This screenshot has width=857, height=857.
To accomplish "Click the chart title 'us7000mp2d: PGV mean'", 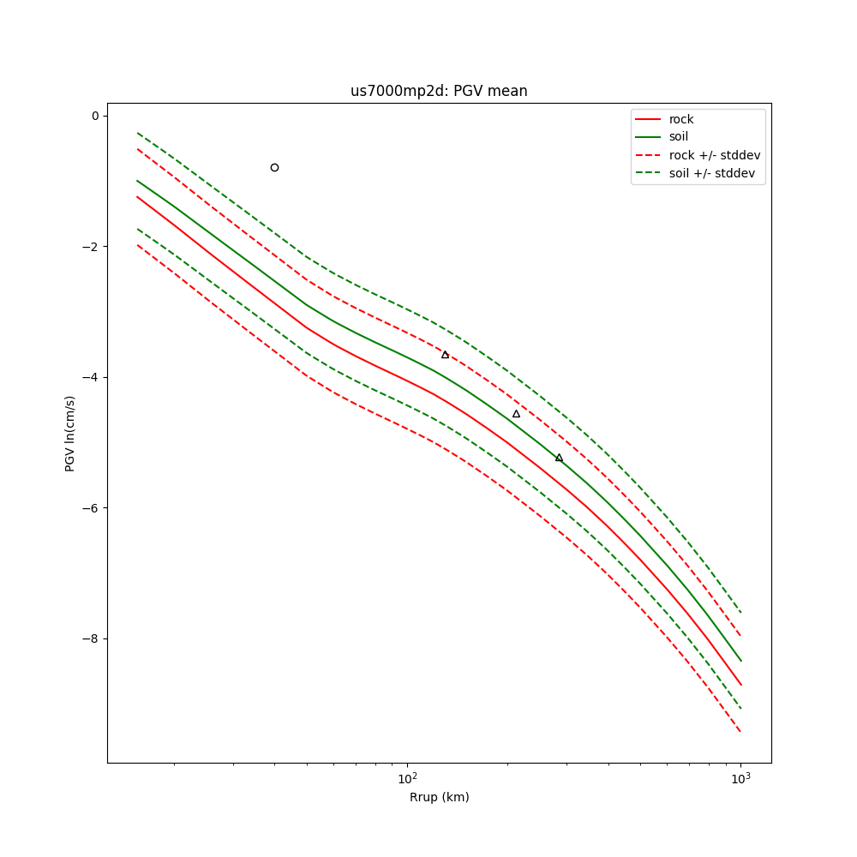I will pos(439,92).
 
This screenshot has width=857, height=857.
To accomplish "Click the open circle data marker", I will pos(274,167).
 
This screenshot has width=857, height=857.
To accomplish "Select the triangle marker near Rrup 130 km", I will pos(445,355).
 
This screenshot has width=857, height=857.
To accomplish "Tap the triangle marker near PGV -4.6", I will pos(516,414).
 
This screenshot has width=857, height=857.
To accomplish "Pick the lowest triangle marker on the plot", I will pos(559,458).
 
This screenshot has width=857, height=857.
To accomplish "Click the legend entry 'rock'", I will pos(681,119).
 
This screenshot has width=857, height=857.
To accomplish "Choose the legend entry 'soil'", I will pos(679,137).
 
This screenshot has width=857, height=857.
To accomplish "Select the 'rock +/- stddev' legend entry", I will pos(714,155).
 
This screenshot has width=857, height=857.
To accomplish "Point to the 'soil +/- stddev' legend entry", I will pos(714,173).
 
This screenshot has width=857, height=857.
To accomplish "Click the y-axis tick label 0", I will pos(95,116).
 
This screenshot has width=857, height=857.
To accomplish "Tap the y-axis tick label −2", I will pos(91,247).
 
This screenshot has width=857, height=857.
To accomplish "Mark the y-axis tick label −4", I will pos(91,377).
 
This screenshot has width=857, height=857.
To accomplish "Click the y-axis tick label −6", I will pos(91,508).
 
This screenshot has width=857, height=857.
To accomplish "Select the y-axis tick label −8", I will pos(91,638).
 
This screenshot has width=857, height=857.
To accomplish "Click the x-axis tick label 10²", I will pos(408,778).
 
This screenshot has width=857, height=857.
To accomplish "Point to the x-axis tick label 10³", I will pos(741,778).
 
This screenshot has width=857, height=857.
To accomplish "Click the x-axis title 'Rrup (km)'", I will pos(439,797).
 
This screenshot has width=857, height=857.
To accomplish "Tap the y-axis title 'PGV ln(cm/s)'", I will pos(70,433).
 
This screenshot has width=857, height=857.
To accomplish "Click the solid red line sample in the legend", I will pos(649,119).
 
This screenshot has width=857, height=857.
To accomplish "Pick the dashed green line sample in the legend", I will pos(649,173).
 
